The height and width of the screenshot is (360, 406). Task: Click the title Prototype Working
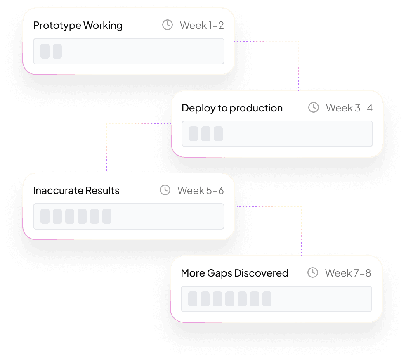[78, 26]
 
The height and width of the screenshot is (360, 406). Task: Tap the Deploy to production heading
[232, 108]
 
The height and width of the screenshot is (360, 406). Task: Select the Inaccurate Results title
[76, 191]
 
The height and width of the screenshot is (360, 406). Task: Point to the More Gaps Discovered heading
[234, 273]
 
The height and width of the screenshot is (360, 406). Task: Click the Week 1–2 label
[202, 26]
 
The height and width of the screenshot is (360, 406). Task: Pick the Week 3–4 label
[349, 108]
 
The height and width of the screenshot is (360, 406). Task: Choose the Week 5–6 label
[201, 191]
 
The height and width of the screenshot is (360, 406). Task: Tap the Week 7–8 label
[348, 273]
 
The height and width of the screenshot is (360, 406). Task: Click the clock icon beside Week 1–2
[168, 25]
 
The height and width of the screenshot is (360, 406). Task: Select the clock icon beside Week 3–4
[314, 108]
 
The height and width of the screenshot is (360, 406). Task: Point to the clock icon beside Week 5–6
[165, 190]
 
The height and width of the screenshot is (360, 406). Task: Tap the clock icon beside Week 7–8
[313, 273]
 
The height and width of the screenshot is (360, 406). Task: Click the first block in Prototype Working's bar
[45, 51]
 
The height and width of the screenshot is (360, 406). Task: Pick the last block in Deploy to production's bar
[218, 134]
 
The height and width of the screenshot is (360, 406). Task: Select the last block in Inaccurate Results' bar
[107, 216]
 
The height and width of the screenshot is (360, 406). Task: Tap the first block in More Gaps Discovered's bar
[193, 299]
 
